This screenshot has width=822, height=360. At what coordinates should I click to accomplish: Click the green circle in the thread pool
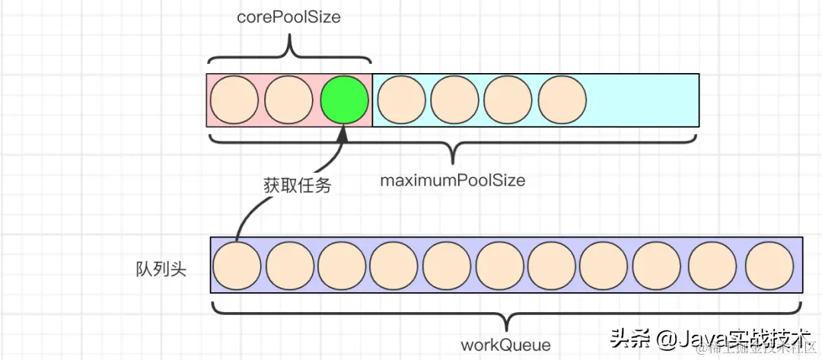pos(344,100)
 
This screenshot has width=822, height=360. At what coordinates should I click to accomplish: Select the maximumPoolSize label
pos(453,181)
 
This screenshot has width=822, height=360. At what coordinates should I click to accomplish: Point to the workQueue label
pos(506,345)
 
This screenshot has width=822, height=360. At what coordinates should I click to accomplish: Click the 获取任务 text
pos(297,184)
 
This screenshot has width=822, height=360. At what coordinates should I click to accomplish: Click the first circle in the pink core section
pos(234,100)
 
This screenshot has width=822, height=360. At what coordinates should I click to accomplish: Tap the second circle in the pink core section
pos(289,100)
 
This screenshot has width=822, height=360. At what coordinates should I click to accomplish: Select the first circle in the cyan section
pos(400,100)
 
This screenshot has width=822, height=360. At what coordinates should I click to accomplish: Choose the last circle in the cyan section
pos(562,100)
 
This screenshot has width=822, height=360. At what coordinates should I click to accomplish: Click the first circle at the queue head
pos(237,265)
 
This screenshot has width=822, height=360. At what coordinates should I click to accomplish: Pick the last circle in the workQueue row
pos(769,265)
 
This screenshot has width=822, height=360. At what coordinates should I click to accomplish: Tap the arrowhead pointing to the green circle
pos(342,135)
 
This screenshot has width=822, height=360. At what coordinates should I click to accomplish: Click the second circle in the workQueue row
pos(289,265)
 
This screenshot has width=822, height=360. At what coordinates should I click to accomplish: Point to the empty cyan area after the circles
pos(643,100)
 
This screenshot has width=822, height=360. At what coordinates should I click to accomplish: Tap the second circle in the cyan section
pos(454,100)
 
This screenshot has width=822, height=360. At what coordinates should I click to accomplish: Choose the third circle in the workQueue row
pos(342,265)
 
